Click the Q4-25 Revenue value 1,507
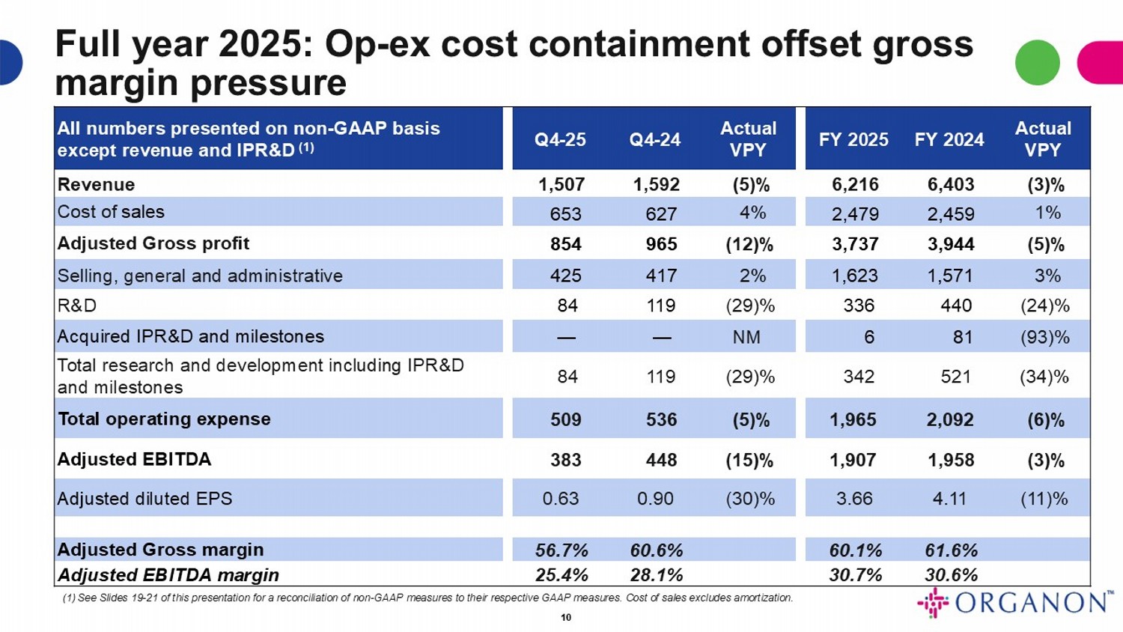[561, 184]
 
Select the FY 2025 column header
[853, 140]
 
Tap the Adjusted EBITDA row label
[135, 459]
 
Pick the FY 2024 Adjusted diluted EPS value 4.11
[949, 499]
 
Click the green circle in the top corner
[1037, 63]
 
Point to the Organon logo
[1015, 603]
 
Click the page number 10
[566, 618]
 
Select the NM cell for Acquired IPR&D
[746, 337]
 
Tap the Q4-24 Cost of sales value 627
[661, 214]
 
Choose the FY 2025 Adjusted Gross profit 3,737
[853, 244]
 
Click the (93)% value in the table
[1044, 337]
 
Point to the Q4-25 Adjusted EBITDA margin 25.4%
[561, 575]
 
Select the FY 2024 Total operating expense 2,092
[950, 419]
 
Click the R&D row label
[77, 306]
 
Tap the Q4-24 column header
[655, 140]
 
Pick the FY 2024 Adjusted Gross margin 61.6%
[951, 550]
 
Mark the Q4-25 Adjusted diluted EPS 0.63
[561, 499]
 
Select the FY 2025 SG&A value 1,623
[855, 276]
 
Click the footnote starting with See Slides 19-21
[427, 598]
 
